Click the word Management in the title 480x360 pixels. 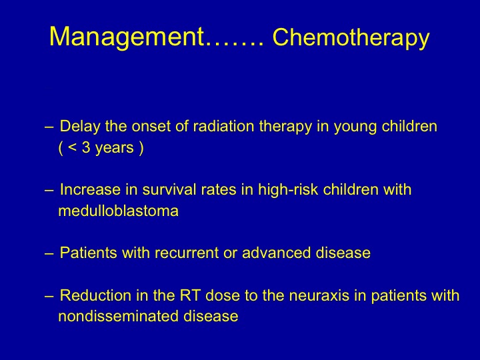point(127,37)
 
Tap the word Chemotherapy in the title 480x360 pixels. point(351,39)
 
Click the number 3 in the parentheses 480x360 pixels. point(86,148)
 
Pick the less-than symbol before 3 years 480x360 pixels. point(72,148)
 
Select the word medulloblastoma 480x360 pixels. point(118,211)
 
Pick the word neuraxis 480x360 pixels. point(319,296)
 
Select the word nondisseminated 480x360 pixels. point(118,316)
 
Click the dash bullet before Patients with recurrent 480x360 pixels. point(49,253)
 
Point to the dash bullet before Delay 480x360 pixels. point(49,127)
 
